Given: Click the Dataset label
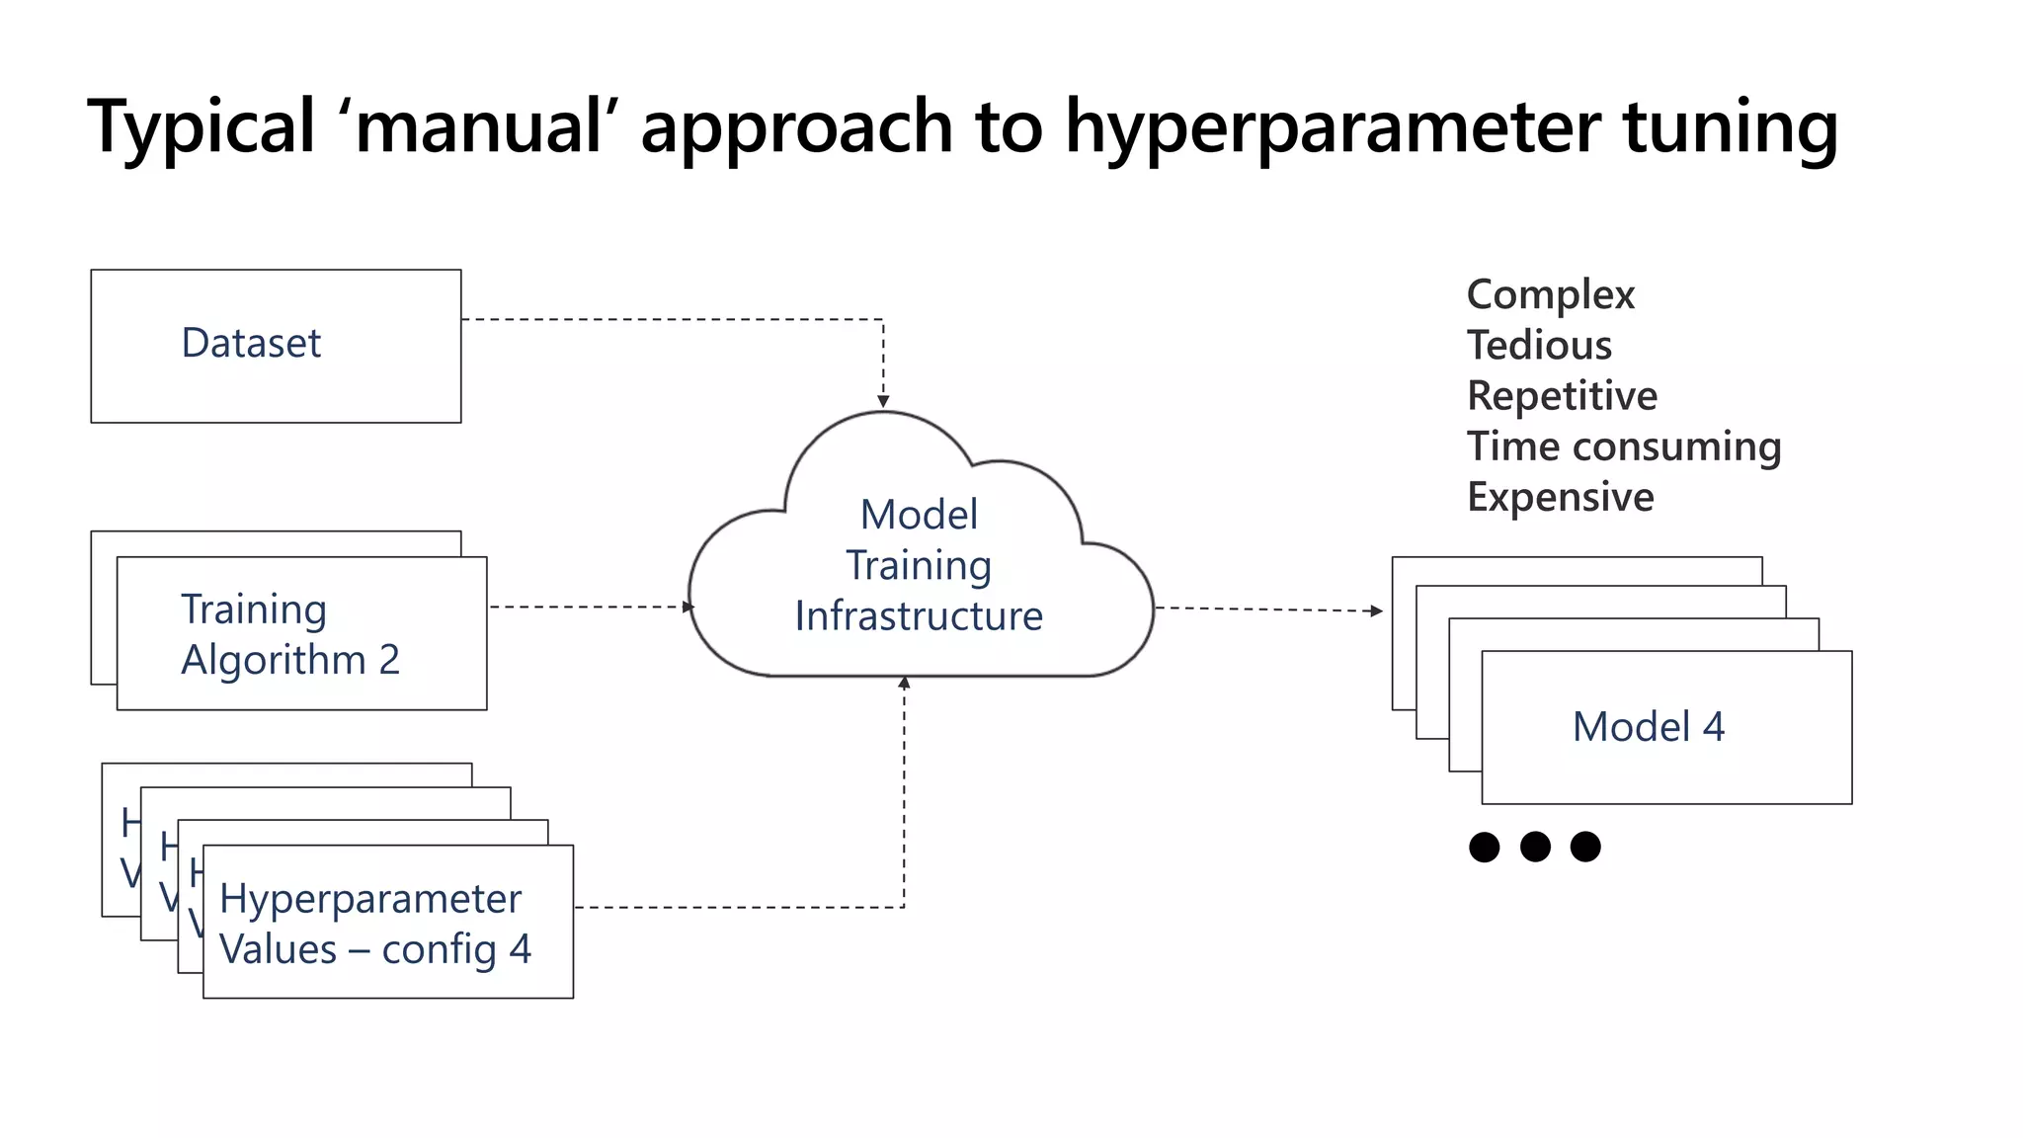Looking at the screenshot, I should tap(251, 343).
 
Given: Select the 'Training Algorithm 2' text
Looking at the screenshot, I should tap(290, 634).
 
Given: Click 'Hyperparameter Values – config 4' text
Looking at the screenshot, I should tap(375, 924).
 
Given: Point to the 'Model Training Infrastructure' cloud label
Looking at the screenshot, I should tap(919, 565).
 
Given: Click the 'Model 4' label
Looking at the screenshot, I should tap(1648, 727).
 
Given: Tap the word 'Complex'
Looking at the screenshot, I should tap(1550, 294).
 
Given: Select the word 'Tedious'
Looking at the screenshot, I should tap(1539, 345).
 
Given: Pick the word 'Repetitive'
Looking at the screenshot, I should tap(1562, 395).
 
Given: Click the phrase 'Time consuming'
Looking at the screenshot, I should tap(1623, 447).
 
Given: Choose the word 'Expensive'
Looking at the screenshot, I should tap(1560, 497).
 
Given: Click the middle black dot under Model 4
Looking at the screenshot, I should tap(1535, 847).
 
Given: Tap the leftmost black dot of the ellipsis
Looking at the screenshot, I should tap(1484, 847).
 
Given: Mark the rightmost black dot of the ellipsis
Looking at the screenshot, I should tap(1585, 847).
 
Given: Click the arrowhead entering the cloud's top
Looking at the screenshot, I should tap(883, 402).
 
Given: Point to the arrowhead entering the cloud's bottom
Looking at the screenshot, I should tap(904, 683).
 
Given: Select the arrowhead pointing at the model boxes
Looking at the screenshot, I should tap(1377, 610).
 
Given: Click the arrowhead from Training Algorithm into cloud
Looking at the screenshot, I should tap(688, 607).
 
